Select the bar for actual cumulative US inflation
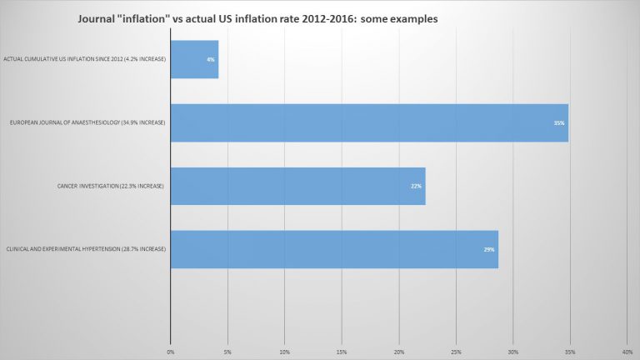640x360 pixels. coord(194,60)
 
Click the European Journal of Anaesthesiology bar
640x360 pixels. coord(369,122)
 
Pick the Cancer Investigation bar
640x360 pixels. coord(297,186)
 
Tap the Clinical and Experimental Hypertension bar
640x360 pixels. coord(334,249)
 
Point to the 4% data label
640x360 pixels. coord(211,60)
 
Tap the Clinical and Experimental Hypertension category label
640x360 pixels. coord(86,249)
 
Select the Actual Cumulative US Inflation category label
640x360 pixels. coord(86,60)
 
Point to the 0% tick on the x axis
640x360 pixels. coord(171,352)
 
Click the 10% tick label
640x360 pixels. coord(285,352)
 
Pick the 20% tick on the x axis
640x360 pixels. coord(399,352)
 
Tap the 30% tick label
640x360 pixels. coord(513,352)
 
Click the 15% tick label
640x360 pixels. coord(342,352)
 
